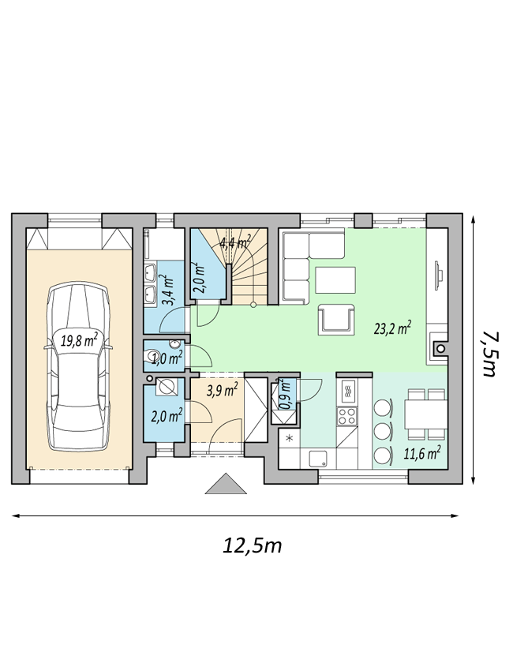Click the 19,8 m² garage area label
[x=79, y=341]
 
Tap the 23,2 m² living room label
[x=393, y=328]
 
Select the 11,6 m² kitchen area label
[x=423, y=453]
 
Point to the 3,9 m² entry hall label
[x=222, y=390]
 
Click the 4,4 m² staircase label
[x=235, y=243]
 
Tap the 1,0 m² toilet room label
[x=168, y=358]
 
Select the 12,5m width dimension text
[x=252, y=545]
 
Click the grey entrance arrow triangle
[x=226, y=484]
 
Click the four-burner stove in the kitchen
[x=347, y=416]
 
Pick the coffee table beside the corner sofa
[x=335, y=280]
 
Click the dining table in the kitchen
[x=426, y=414]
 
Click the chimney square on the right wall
[x=440, y=349]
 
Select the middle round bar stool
[x=383, y=431]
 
